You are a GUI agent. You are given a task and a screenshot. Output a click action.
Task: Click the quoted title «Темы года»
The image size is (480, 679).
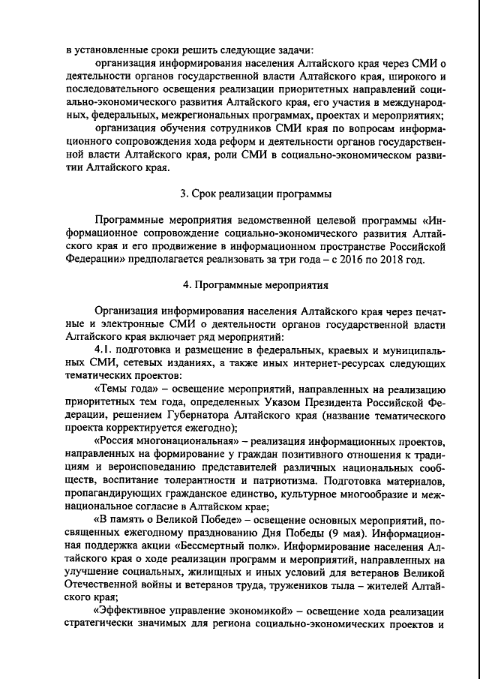(x=126, y=391)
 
